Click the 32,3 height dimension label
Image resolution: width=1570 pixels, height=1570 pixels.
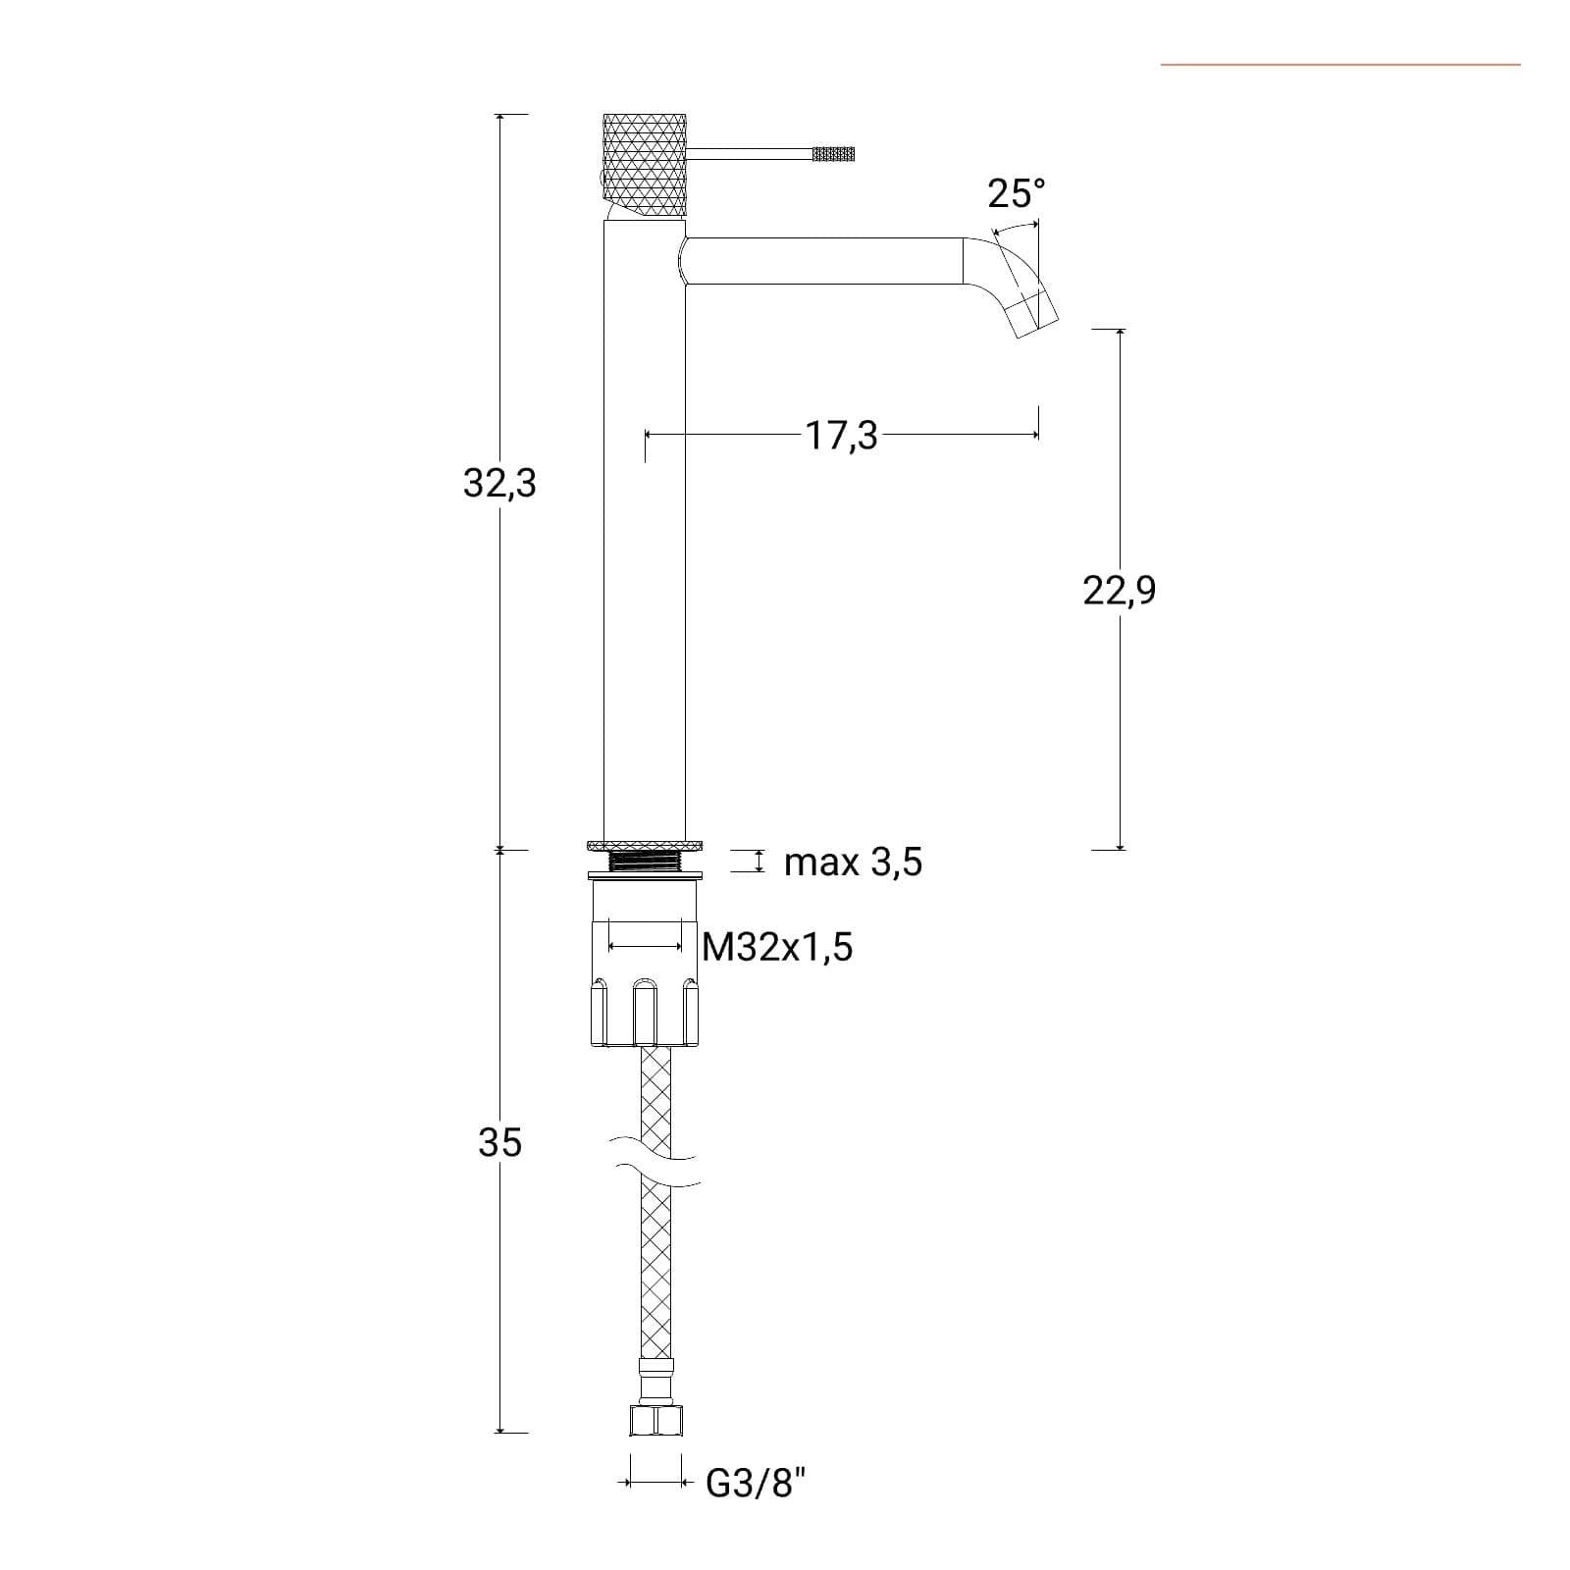tap(499, 483)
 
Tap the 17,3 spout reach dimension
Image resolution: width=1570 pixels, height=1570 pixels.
tap(842, 435)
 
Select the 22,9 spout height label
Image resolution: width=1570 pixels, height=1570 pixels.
tap(1120, 590)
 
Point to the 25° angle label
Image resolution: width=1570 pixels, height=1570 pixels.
tap(1017, 193)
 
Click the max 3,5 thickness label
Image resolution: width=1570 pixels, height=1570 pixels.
tap(854, 863)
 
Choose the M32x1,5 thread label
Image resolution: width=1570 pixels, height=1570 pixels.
tap(778, 947)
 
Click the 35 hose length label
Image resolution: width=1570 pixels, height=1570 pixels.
tap(499, 1142)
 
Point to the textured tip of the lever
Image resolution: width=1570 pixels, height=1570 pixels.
tap(833, 154)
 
